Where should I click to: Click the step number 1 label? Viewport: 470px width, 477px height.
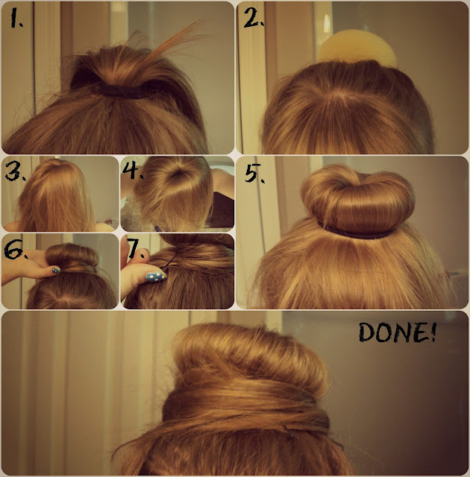click(x=16, y=18)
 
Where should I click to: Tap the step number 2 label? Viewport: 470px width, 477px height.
click(x=254, y=17)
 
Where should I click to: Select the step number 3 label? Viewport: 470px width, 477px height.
click(x=15, y=172)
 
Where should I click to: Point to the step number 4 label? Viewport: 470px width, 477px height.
click(x=132, y=170)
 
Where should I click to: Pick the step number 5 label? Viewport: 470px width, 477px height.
click(x=254, y=173)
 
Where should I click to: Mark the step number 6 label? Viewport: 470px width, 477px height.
click(x=15, y=250)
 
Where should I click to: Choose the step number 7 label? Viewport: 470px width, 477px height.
click(x=135, y=248)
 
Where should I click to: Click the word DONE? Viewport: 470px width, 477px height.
click(x=397, y=332)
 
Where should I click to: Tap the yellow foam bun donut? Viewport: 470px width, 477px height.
click(x=357, y=47)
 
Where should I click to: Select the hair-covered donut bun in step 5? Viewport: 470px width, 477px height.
click(x=357, y=199)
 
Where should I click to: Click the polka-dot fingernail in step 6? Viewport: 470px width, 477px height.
click(x=56, y=270)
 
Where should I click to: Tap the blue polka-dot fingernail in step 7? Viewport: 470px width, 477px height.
click(x=156, y=277)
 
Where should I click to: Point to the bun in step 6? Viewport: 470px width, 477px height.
click(x=72, y=256)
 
